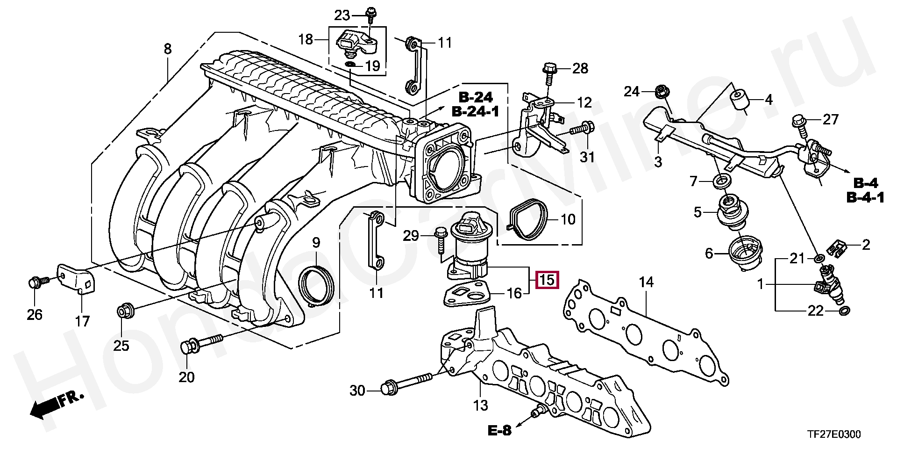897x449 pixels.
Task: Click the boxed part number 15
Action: tap(547, 280)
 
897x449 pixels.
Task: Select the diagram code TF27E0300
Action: tap(834, 435)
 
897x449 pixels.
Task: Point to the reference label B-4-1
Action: tap(865, 198)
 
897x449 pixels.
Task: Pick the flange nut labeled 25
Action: tap(125, 311)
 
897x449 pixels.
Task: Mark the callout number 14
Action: tap(646, 282)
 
